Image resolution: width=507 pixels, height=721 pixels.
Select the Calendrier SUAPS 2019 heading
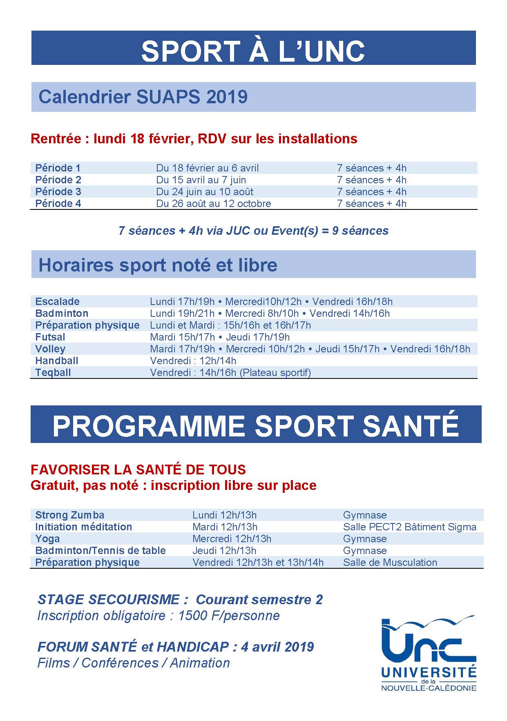pos(143,97)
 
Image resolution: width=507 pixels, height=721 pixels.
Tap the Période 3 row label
pos(58,191)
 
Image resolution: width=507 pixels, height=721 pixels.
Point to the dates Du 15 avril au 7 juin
pos(201,180)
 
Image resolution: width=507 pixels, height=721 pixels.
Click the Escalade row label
pos(57,301)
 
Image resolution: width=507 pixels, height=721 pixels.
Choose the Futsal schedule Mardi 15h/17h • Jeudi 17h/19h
pos(220,337)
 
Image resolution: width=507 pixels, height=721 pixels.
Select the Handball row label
pos(57,360)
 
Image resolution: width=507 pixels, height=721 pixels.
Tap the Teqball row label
pos(53,372)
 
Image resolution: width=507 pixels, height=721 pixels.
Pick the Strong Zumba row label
pos(70,515)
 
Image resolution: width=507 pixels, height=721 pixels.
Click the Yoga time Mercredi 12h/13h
pos(232,539)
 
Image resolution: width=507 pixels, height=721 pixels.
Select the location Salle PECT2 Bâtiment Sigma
pos(409,527)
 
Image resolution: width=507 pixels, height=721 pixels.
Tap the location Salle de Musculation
pos(390,562)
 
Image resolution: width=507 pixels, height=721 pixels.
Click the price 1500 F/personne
pos(229,615)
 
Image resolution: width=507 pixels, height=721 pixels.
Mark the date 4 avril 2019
pos(277,647)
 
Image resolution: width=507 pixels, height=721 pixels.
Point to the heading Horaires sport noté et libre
pos(158,265)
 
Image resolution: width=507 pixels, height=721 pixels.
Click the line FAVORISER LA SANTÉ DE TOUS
pos(138,470)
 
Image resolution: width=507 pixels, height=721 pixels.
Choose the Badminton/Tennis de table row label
pos(101,550)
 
